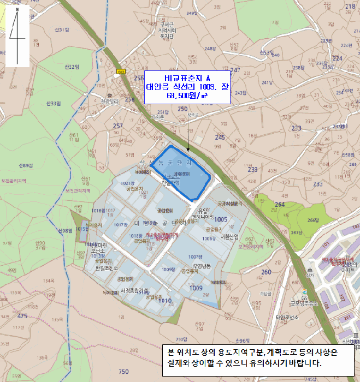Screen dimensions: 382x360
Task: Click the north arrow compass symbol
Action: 17,36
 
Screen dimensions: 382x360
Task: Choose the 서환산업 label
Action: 230,237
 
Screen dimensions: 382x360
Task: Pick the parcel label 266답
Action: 312,220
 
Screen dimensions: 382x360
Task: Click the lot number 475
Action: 22,316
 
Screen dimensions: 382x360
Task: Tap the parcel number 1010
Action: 166,301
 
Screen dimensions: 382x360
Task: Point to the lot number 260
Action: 266,272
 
